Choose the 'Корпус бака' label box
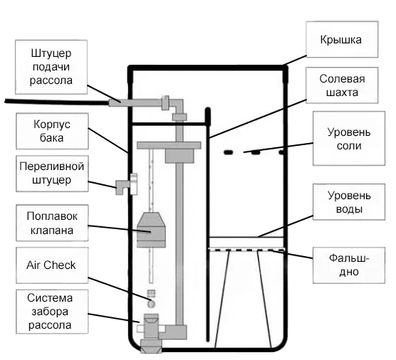[51, 131]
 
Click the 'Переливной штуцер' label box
[51, 173]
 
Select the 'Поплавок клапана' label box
[51, 222]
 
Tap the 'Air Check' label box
[51, 265]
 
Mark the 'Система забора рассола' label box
[51, 312]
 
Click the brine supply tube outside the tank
[57, 102]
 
